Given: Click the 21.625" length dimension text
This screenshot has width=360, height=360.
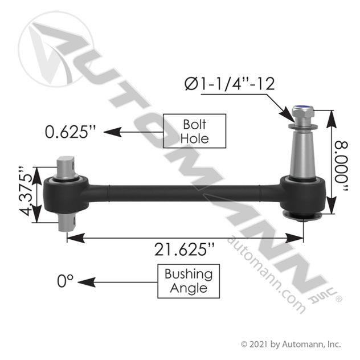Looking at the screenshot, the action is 185,249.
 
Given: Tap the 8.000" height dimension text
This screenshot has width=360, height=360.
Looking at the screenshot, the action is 341,166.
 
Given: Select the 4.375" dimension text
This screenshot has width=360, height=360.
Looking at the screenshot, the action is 25,191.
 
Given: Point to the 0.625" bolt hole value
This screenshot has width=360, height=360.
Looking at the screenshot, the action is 70,132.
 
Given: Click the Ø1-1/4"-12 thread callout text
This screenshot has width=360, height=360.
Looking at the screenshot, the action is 230,84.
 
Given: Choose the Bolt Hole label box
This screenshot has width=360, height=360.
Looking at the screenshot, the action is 194,131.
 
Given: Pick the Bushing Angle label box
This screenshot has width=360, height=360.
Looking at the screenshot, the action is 189,281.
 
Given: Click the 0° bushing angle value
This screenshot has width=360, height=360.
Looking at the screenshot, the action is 65,281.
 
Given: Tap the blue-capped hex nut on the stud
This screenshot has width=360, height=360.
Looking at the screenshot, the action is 301,112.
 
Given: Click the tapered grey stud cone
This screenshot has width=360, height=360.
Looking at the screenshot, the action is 303,154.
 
